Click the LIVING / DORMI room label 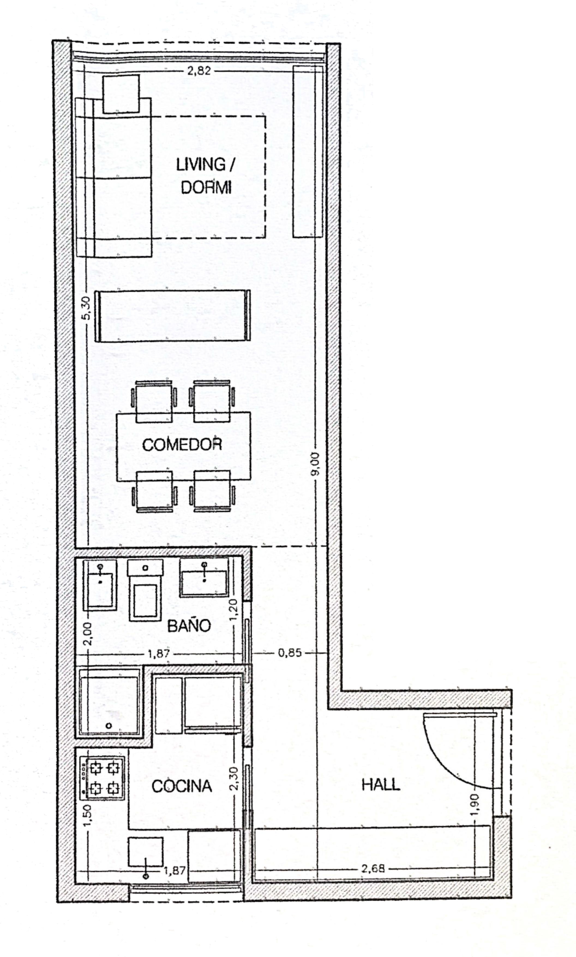(205, 176)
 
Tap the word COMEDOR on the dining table (182, 444)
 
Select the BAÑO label (189, 626)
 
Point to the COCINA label (182, 786)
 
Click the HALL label (380, 785)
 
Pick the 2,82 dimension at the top (199, 71)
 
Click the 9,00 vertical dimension (315, 463)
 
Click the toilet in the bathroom (145, 589)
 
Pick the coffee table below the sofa (173, 316)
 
